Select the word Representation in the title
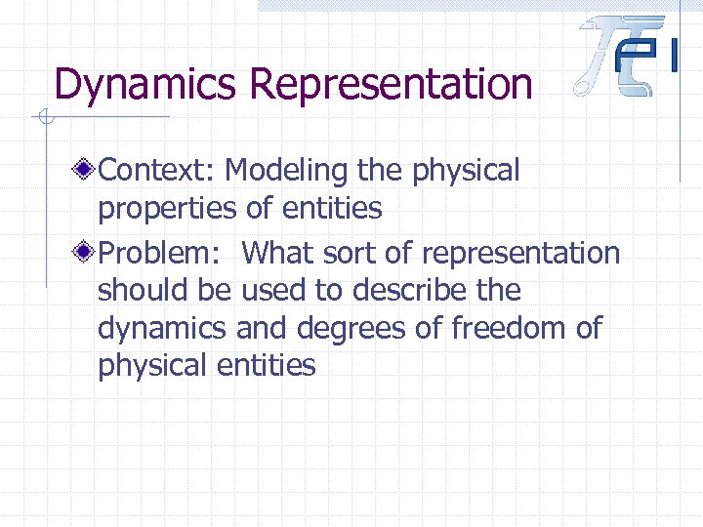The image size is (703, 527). pos(392,84)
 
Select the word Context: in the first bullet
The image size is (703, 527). pos(156,171)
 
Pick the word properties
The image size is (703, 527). pos(167,208)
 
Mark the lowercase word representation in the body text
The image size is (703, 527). pos(520,254)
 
